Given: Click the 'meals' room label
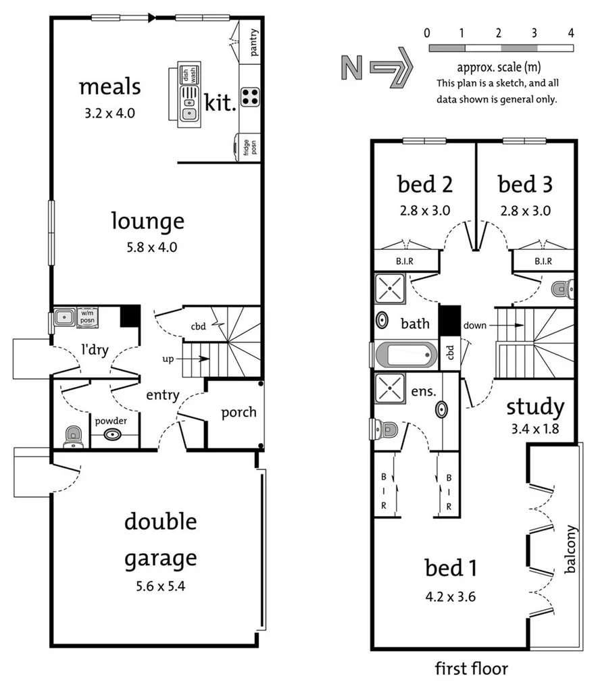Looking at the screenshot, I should [109, 87].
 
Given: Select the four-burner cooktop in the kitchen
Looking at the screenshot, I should [250, 97].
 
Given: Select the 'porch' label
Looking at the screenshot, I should [239, 411].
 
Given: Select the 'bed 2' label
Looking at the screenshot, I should [424, 184].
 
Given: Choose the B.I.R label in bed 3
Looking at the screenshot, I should [543, 261].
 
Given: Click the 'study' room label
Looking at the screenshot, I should [535, 407].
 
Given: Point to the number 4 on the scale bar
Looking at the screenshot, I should [571, 32].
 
